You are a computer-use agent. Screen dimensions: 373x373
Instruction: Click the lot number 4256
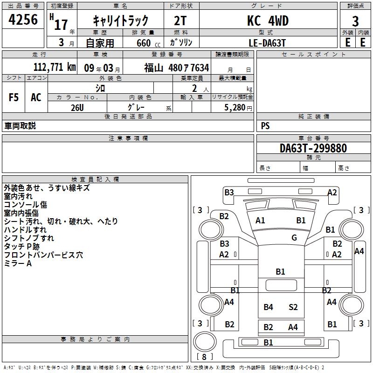(x=23, y=20)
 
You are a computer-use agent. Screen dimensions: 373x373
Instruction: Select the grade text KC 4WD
(x=268, y=21)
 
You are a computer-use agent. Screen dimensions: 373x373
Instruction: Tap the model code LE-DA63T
(x=267, y=43)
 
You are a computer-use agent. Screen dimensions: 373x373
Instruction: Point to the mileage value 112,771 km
(x=55, y=67)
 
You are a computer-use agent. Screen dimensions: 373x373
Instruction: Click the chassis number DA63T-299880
(x=313, y=148)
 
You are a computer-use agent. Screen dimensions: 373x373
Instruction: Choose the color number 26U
(x=77, y=108)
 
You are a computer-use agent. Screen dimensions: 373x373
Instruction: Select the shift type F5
(x=14, y=97)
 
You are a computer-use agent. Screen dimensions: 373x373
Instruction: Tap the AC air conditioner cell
(x=36, y=97)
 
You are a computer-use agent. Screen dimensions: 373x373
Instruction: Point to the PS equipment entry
(x=265, y=125)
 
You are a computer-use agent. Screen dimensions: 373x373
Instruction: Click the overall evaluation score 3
(x=355, y=21)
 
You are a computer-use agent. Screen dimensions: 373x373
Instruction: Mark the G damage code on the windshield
(x=294, y=237)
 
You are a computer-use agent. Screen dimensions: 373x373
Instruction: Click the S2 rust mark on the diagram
(x=293, y=307)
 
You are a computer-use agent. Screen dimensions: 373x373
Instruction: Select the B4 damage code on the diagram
(x=268, y=307)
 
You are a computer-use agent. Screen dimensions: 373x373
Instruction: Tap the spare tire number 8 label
(x=204, y=357)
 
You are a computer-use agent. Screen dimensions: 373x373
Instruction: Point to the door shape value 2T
(x=180, y=21)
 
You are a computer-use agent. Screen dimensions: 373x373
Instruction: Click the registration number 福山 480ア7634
(x=177, y=68)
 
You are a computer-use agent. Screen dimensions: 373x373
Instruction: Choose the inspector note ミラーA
(x=18, y=263)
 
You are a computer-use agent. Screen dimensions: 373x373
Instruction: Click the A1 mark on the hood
(x=260, y=221)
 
